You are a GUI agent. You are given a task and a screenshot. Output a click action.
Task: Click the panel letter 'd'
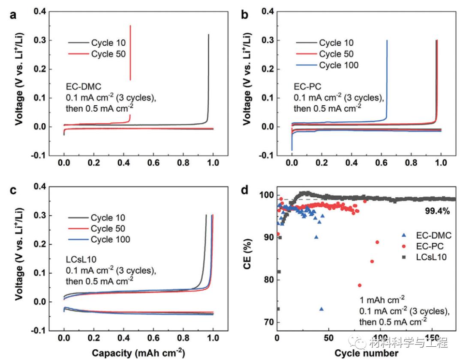pyautogui.click(x=246, y=189)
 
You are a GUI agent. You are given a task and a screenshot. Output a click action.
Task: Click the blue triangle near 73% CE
pyautogui.click(x=322, y=309)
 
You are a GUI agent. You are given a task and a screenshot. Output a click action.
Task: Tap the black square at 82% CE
pyautogui.click(x=279, y=271)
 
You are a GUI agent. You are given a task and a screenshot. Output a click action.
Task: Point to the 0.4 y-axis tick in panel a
pyautogui.click(x=41, y=12)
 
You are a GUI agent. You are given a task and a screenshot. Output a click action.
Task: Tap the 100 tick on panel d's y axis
pyautogui.click(x=266, y=195)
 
